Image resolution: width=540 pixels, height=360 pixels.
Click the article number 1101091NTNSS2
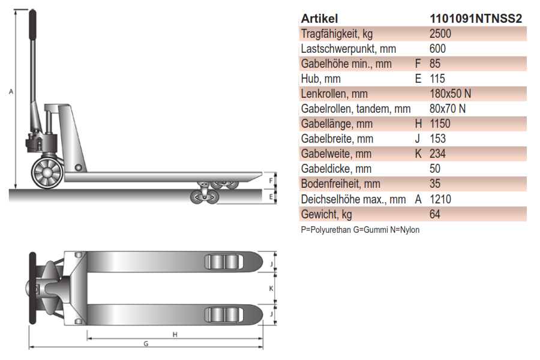[x=476, y=19]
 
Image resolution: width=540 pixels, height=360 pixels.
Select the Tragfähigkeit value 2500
[x=440, y=34]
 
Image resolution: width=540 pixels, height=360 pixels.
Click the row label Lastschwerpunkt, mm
[x=349, y=49]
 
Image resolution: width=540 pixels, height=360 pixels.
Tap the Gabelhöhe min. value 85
[x=436, y=64]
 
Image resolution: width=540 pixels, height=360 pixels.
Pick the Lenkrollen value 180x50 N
[x=451, y=94]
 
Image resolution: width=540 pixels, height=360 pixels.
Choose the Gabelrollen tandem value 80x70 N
[x=448, y=109]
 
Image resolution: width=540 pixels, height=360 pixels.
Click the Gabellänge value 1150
[x=440, y=124]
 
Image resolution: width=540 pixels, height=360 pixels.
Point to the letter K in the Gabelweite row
[x=418, y=154]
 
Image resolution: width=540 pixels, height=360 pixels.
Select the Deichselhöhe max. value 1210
[x=440, y=199]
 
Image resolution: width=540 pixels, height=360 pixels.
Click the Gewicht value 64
[x=436, y=214]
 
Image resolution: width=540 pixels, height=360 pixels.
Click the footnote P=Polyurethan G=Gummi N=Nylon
[x=360, y=230]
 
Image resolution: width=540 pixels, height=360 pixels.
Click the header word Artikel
[x=319, y=19]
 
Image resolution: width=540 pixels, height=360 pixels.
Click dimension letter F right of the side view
[x=271, y=179]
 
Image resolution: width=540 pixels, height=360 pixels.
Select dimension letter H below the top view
[x=175, y=334]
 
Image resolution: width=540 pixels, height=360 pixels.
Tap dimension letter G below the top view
[x=146, y=344]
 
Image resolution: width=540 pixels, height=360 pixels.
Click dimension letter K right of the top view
[x=271, y=288]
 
